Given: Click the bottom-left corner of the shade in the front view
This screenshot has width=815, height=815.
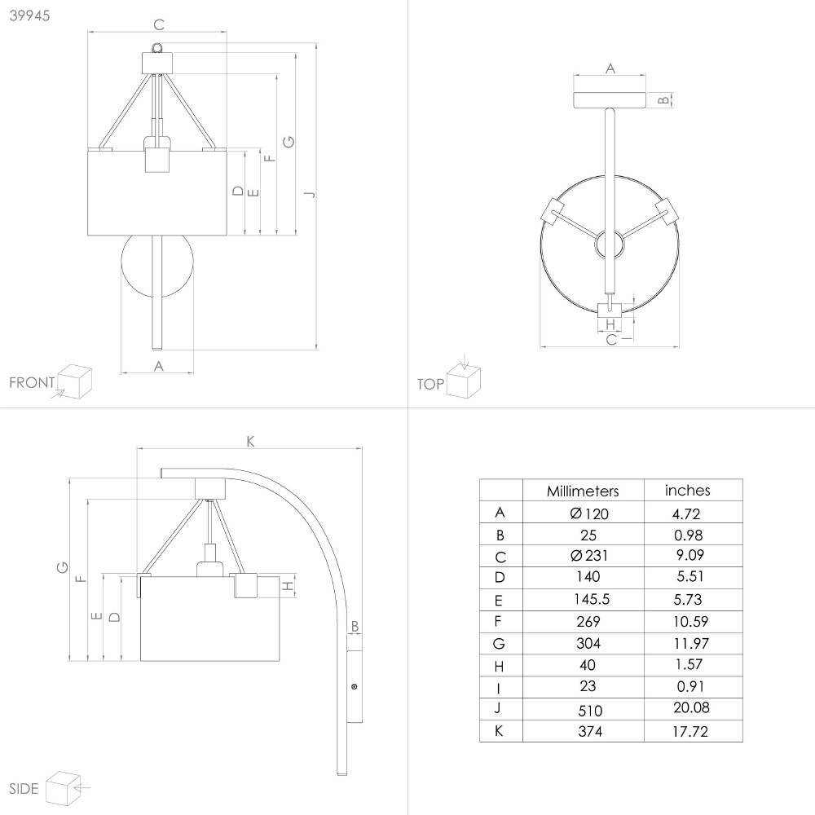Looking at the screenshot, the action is [88, 235].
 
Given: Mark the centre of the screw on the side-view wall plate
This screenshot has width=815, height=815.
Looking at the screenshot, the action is [355, 686].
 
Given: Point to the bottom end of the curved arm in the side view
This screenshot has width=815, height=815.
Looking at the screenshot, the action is [341, 774].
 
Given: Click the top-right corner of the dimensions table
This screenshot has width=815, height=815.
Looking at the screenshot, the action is [742, 479].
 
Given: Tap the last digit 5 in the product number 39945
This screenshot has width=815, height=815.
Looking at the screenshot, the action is [46, 15].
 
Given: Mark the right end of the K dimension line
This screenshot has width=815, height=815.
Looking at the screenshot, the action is [362, 447].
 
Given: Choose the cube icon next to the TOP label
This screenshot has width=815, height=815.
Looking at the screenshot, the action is [464, 381].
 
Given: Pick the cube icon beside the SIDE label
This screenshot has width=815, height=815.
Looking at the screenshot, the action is [63, 788].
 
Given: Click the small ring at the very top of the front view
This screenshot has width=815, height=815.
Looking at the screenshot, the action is [157, 48].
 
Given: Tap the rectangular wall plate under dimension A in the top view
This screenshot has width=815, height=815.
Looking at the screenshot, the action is [609, 99].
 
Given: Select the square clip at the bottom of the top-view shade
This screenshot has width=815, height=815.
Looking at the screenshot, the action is [610, 311].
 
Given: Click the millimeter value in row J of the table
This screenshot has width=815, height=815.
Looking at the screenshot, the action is [590, 710].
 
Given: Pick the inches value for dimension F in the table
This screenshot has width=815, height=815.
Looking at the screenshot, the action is [690, 621].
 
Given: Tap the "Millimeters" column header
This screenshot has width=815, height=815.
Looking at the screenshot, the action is [583, 491].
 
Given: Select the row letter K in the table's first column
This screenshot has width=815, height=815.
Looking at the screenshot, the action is [499, 731].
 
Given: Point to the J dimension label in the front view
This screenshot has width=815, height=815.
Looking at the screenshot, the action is [311, 195].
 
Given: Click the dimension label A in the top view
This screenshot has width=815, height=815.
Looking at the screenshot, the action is [610, 68].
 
